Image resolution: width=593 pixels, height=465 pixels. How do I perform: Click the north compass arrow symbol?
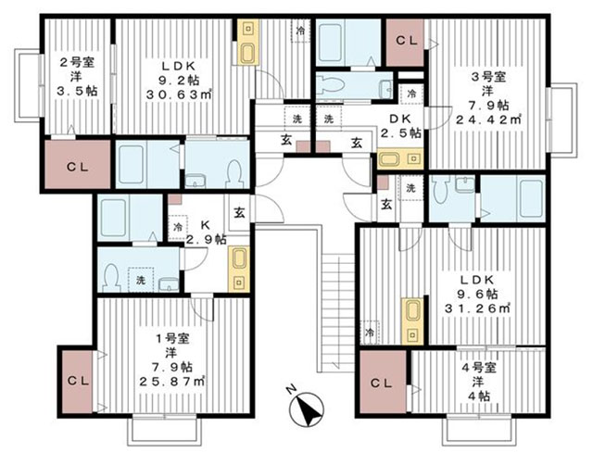click(x=307, y=409)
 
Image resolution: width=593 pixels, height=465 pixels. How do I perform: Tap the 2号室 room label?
click(x=77, y=62)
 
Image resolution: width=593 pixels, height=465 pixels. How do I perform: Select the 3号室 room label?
click(x=489, y=77)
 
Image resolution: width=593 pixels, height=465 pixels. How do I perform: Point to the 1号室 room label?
click(x=172, y=339)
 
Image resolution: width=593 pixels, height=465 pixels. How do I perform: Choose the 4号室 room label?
click(x=479, y=367)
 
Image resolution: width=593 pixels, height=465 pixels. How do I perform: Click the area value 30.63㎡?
click(x=179, y=94)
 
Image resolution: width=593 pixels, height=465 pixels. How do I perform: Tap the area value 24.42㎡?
click(x=488, y=119)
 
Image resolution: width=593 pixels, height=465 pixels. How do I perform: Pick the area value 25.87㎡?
click(x=172, y=382)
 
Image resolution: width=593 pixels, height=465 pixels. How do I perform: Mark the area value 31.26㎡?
click(x=478, y=308)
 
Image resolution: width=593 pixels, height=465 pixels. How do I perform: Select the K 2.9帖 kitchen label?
click(x=206, y=232)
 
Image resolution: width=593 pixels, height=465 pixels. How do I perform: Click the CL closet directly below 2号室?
click(x=78, y=165)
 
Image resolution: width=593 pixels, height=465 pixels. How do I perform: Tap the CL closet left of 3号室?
click(x=405, y=44)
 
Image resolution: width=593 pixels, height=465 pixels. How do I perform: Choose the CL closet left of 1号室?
click(x=78, y=382)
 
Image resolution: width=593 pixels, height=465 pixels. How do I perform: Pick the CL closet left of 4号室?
click(x=383, y=382)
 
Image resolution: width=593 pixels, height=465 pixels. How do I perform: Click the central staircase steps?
click(x=337, y=312)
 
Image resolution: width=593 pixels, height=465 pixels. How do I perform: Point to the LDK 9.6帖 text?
click(x=477, y=286)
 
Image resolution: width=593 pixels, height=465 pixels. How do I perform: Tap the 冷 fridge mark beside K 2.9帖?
click(x=178, y=227)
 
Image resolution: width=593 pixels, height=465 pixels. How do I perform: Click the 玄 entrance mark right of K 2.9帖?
click(x=239, y=214)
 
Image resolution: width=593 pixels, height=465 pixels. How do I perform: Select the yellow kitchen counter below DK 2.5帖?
click(x=400, y=159)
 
